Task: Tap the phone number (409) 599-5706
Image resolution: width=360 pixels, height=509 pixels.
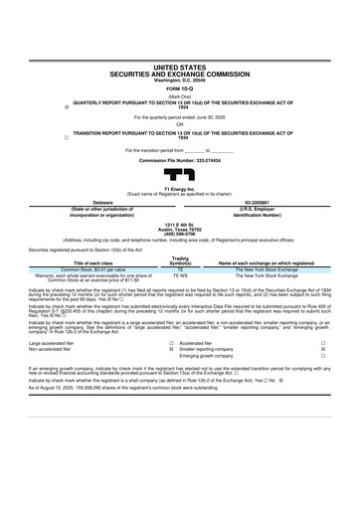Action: pos(180,234)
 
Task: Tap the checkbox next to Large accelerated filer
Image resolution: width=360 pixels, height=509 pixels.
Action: pos(171,341)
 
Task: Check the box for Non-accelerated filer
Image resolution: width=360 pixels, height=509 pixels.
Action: pos(171,349)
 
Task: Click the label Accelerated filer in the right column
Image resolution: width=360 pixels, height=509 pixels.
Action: pos(196,341)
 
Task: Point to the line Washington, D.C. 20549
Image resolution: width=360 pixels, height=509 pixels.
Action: pos(180,81)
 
